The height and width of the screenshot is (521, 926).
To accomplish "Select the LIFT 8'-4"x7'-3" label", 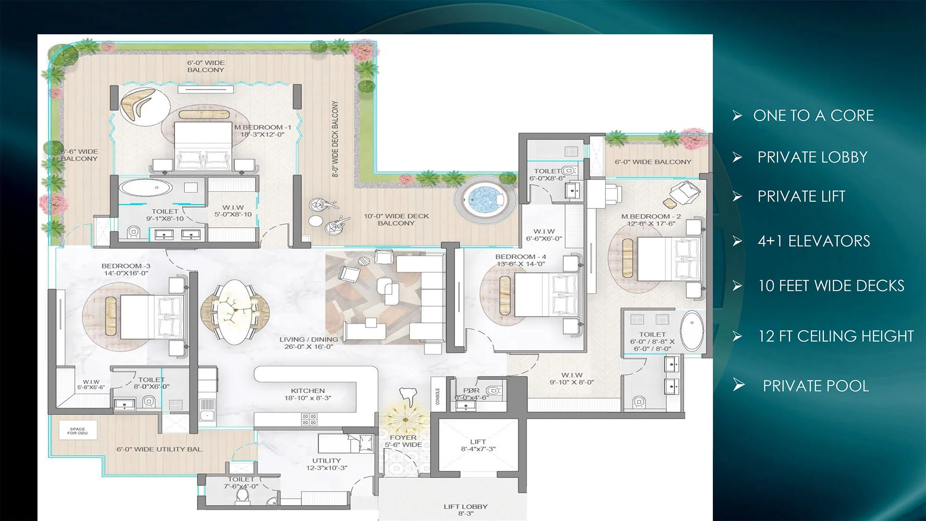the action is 478,445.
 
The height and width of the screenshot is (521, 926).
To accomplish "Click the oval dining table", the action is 235,312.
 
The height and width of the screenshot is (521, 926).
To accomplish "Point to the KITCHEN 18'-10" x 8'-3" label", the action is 308,394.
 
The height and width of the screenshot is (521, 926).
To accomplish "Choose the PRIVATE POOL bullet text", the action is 816,386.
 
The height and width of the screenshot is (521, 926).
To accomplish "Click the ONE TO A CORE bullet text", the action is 813,116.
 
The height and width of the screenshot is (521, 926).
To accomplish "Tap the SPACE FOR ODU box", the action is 78,431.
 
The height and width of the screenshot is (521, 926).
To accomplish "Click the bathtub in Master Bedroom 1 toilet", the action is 145,188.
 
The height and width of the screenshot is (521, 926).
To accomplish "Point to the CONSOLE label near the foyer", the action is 438,397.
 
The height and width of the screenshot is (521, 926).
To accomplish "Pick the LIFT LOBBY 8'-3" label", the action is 465,510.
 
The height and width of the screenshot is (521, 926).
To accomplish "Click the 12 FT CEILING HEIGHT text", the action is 836,336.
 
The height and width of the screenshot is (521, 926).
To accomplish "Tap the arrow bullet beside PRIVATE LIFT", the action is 737,196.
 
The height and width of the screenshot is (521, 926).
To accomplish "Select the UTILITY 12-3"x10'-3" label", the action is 327,464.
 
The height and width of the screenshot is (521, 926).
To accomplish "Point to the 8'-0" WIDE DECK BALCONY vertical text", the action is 335,139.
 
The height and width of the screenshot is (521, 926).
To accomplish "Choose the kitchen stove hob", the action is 309,419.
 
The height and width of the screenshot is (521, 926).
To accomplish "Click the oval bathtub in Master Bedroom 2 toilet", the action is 692,331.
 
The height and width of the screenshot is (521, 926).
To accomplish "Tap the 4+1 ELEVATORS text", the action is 814,241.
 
